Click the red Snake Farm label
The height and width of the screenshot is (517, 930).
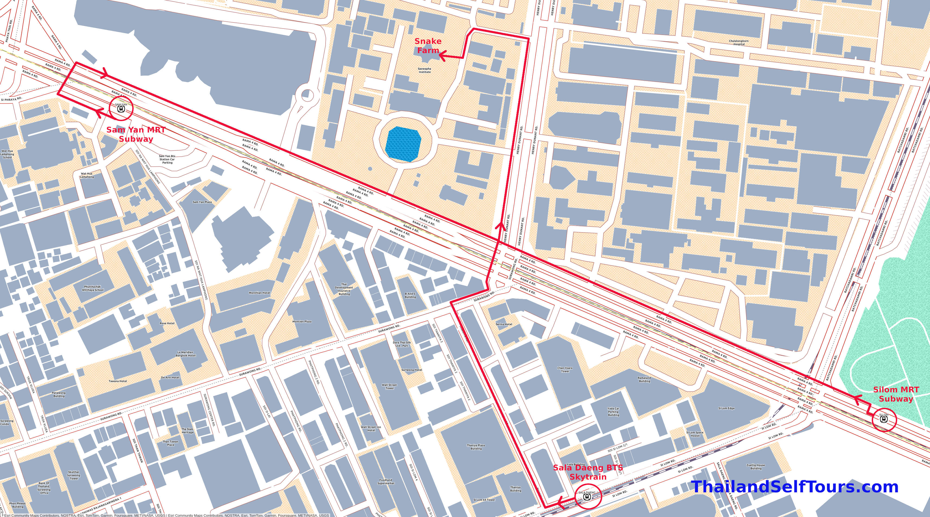[428, 46]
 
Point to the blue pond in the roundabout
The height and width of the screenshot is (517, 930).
[403, 144]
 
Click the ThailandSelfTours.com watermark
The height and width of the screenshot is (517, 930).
[794, 487]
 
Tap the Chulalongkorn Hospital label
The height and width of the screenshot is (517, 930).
[739, 43]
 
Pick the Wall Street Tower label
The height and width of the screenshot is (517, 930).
[390, 386]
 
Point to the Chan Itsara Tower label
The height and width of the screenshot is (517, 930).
[565, 369]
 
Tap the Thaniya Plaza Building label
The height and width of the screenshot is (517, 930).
[476, 447]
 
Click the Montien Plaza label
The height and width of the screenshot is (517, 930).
[302, 321]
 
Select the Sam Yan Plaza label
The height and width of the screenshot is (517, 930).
[202, 202]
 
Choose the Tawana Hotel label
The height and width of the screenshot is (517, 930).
[118, 381]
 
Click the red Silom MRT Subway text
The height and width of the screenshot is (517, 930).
[896, 394]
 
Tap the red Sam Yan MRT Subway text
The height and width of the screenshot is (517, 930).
[136, 134]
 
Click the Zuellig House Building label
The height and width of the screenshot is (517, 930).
[756, 467]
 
